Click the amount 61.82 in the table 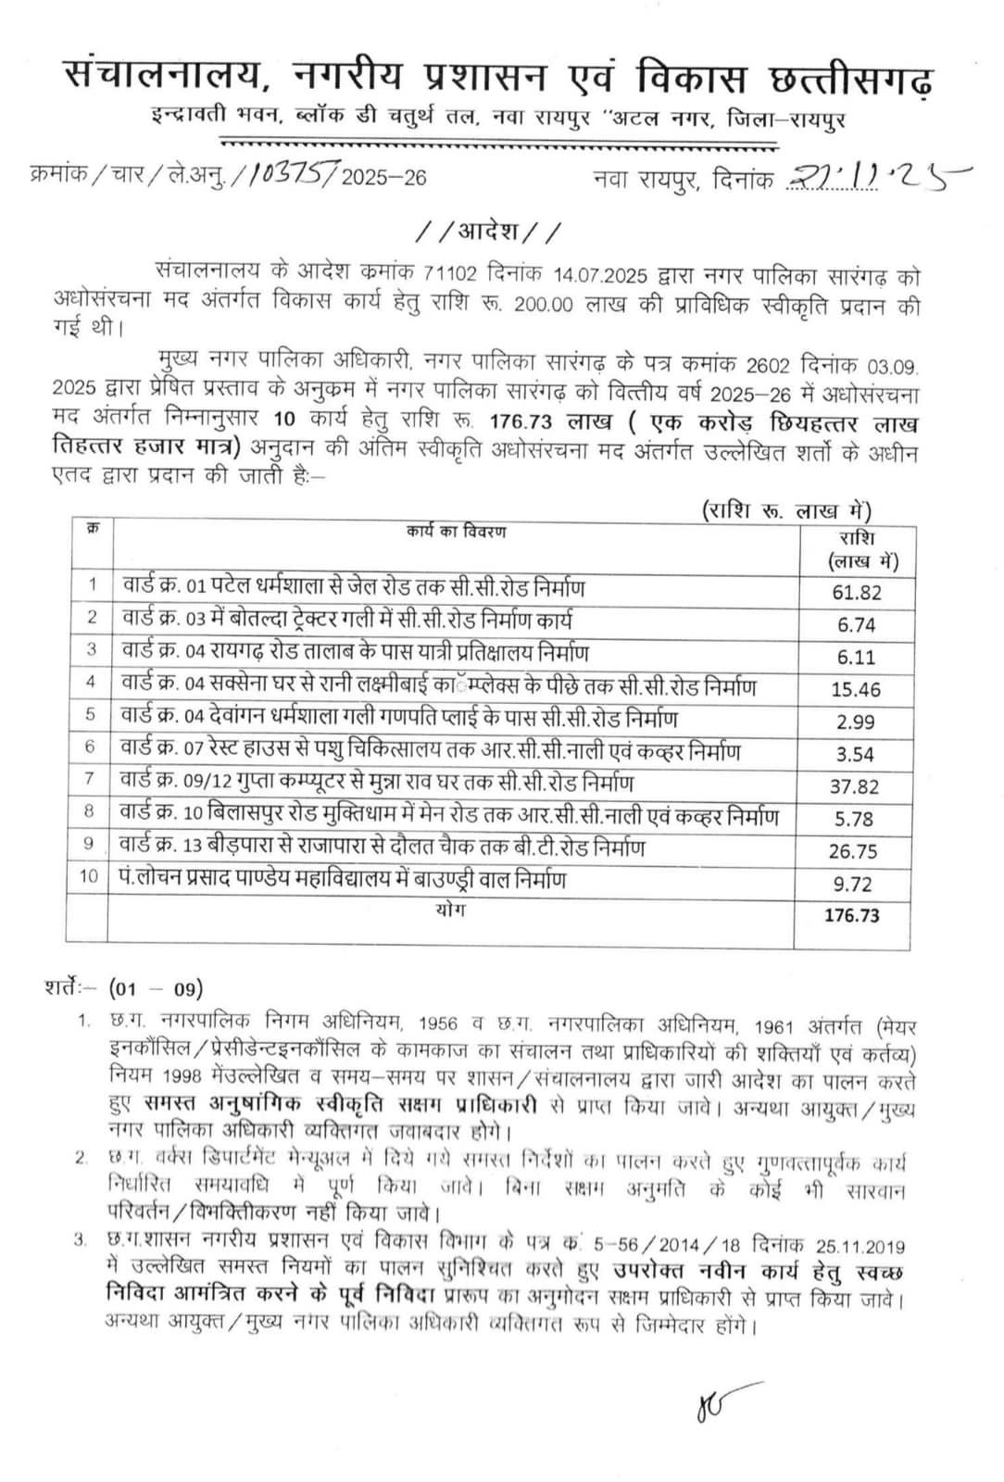coord(856,593)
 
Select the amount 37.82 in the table coord(855,786)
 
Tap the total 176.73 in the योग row coord(851,916)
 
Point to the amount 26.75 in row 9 coord(853,851)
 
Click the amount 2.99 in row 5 coord(856,722)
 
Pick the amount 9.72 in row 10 coord(856,884)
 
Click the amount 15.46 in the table coord(856,689)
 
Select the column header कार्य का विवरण coord(456,532)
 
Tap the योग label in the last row coord(450,910)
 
